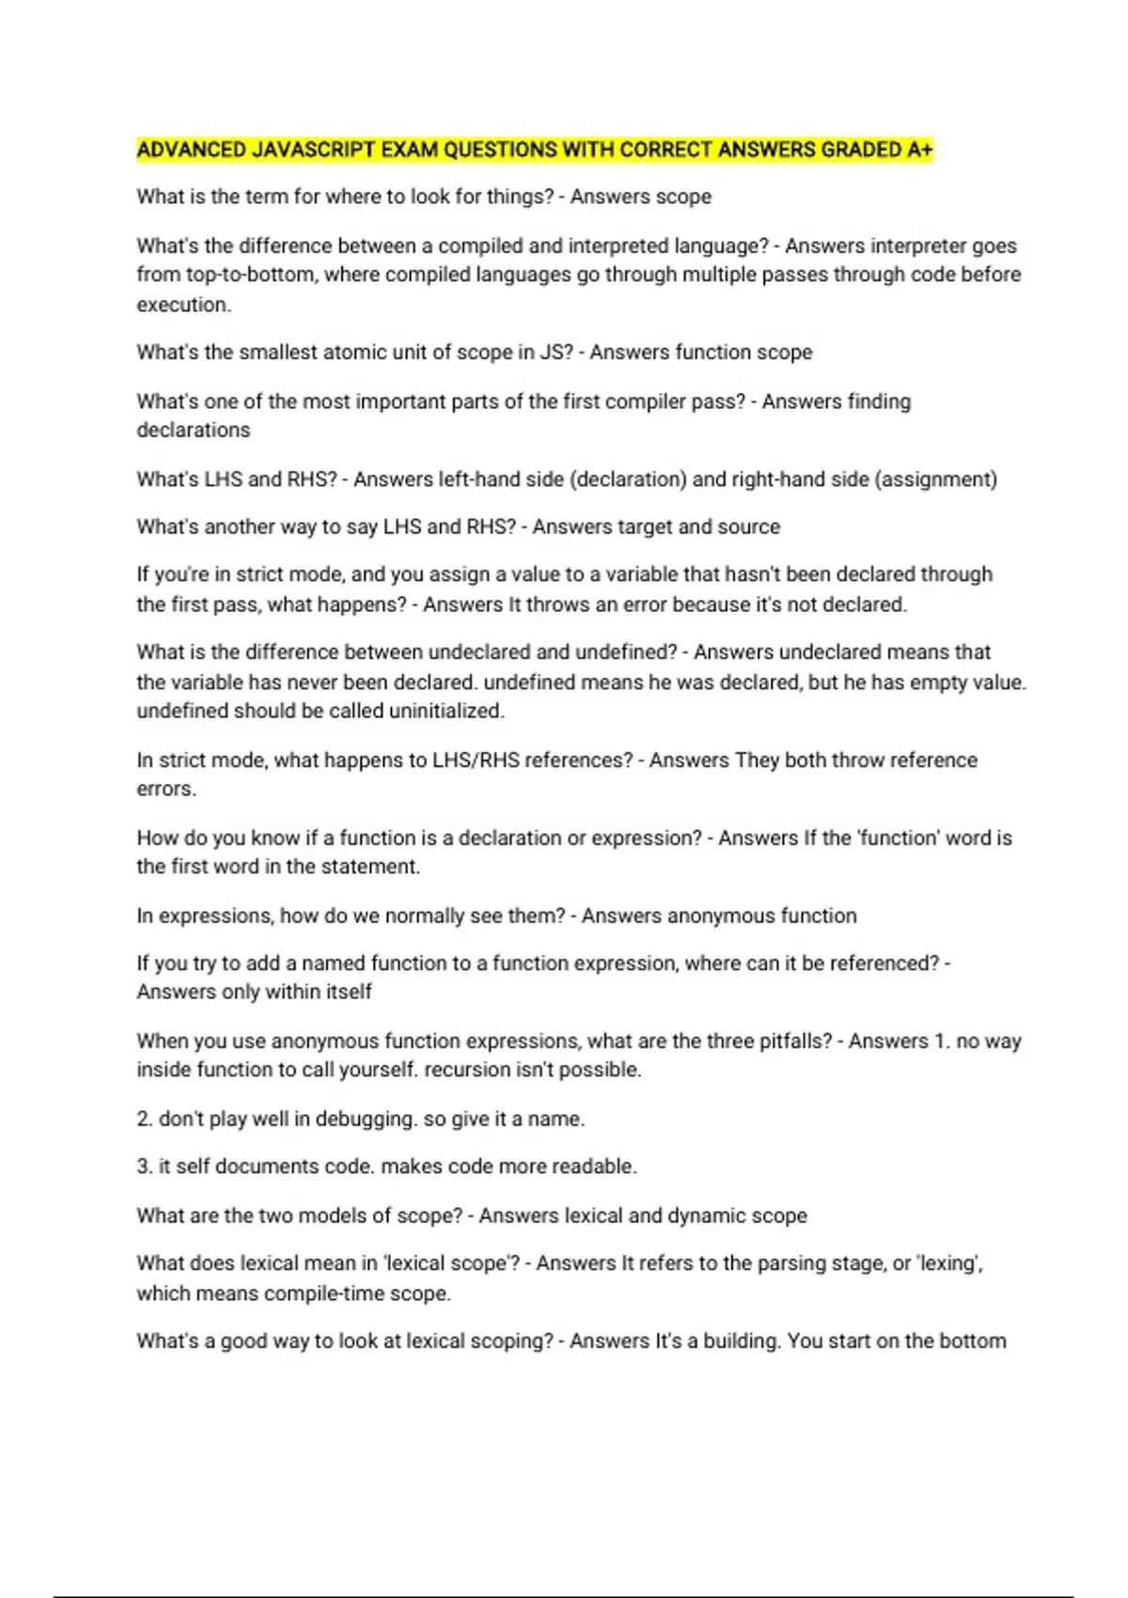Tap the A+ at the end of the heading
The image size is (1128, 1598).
click(920, 150)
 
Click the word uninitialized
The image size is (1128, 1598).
click(446, 712)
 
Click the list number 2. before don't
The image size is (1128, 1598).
click(145, 1120)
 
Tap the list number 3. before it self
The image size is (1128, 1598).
click(145, 1167)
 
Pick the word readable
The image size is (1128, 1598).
click(593, 1167)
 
